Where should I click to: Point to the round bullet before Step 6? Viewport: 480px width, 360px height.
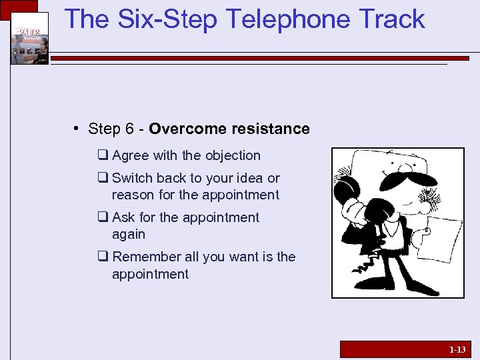77,128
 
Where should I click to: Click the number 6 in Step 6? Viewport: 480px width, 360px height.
131,129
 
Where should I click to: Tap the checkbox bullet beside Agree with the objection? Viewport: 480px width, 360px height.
103,156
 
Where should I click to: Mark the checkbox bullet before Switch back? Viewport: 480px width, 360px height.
103,179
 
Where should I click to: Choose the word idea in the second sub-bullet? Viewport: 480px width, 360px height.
247,178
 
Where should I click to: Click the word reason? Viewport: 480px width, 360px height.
131,195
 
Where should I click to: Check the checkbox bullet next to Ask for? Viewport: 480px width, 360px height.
103,218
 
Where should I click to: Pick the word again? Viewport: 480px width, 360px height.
129,235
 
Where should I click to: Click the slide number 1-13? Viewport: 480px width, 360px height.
457,349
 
